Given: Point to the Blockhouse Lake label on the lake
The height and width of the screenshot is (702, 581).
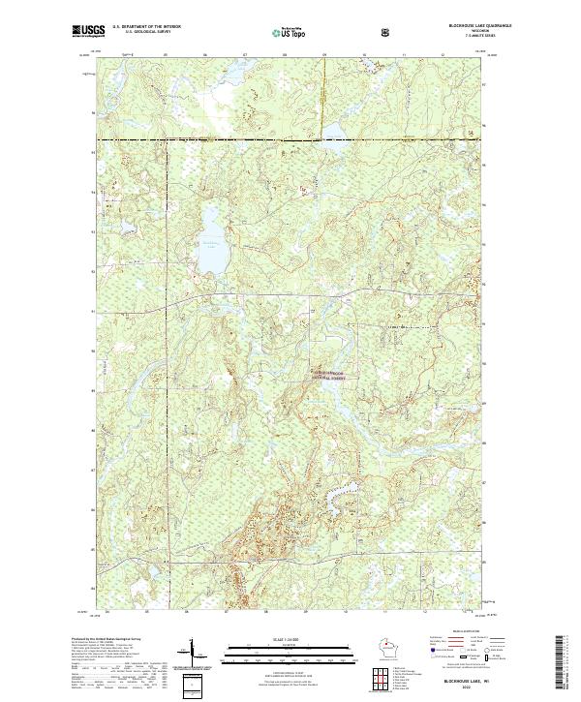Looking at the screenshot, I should pos(211,242).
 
